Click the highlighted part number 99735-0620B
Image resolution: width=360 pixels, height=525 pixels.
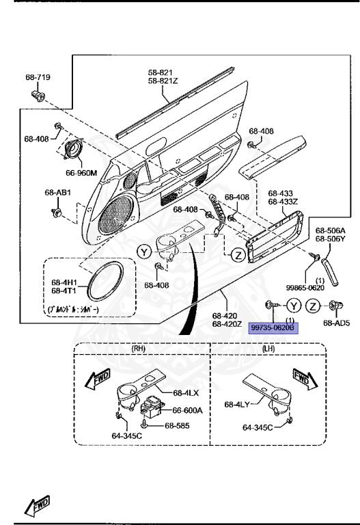[273, 328]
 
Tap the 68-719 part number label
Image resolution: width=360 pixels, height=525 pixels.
[38, 77]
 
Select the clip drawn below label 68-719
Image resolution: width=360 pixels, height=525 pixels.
[38, 94]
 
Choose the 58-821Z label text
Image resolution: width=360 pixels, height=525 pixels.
[162, 81]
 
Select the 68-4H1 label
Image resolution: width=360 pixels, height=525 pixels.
[64, 281]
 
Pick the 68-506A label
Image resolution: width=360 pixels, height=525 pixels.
[330, 231]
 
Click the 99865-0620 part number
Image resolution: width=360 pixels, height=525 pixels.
[306, 288]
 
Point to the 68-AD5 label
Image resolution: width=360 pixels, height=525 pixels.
[336, 323]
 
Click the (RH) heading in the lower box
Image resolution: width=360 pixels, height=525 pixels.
[139, 348]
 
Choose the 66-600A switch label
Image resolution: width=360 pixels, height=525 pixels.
[188, 411]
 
